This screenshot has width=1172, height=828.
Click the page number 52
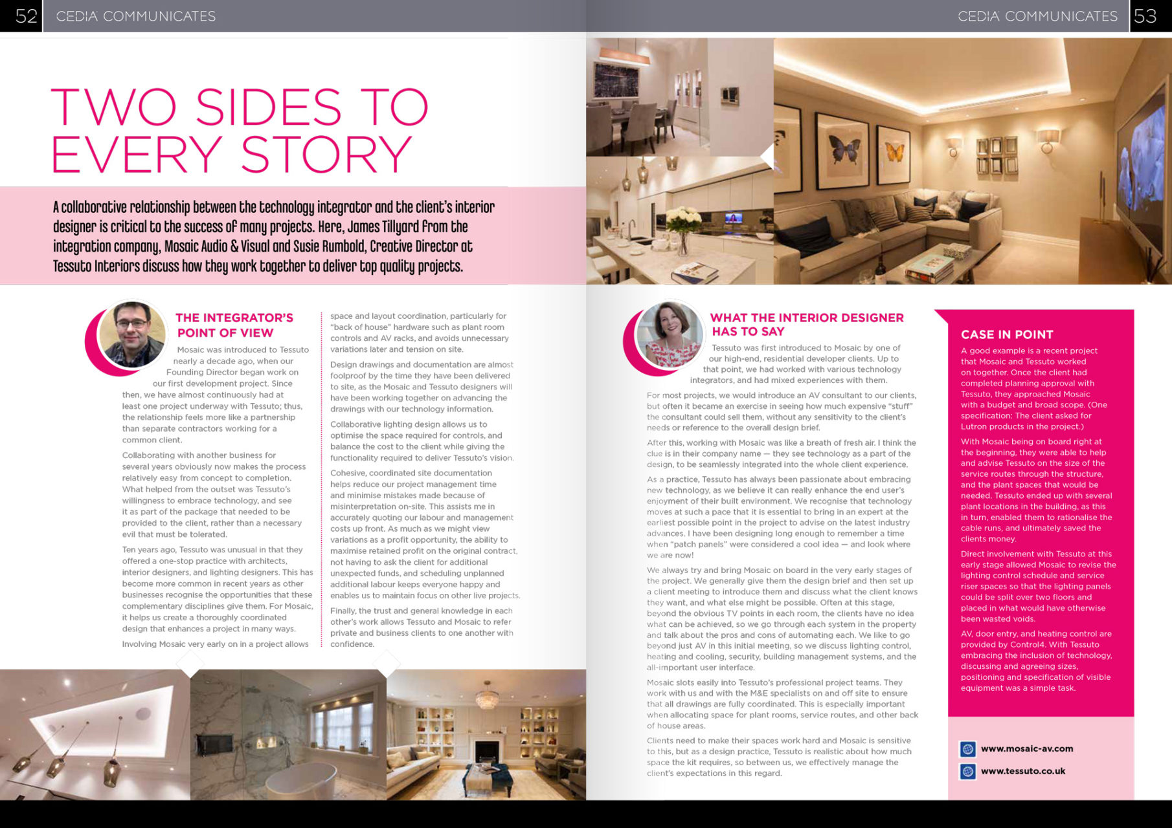click(x=26, y=16)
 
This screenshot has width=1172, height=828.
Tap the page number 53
click(x=1145, y=16)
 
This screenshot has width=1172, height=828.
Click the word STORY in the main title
click(x=326, y=155)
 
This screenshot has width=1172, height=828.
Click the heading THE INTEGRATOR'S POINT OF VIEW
click(x=234, y=325)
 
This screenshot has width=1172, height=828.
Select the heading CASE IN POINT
click(x=1006, y=334)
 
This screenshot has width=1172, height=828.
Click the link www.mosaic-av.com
click(x=1026, y=748)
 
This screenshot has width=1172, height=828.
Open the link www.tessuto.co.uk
click(x=1022, y=771)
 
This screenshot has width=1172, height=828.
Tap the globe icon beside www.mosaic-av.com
click(x=967, y=749)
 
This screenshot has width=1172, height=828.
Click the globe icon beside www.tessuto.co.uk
click(x=967, y=771)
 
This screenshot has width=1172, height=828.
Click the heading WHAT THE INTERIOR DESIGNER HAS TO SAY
click(x=806, y=324)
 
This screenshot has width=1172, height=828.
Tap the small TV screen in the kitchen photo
click(x=733, y=219)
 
